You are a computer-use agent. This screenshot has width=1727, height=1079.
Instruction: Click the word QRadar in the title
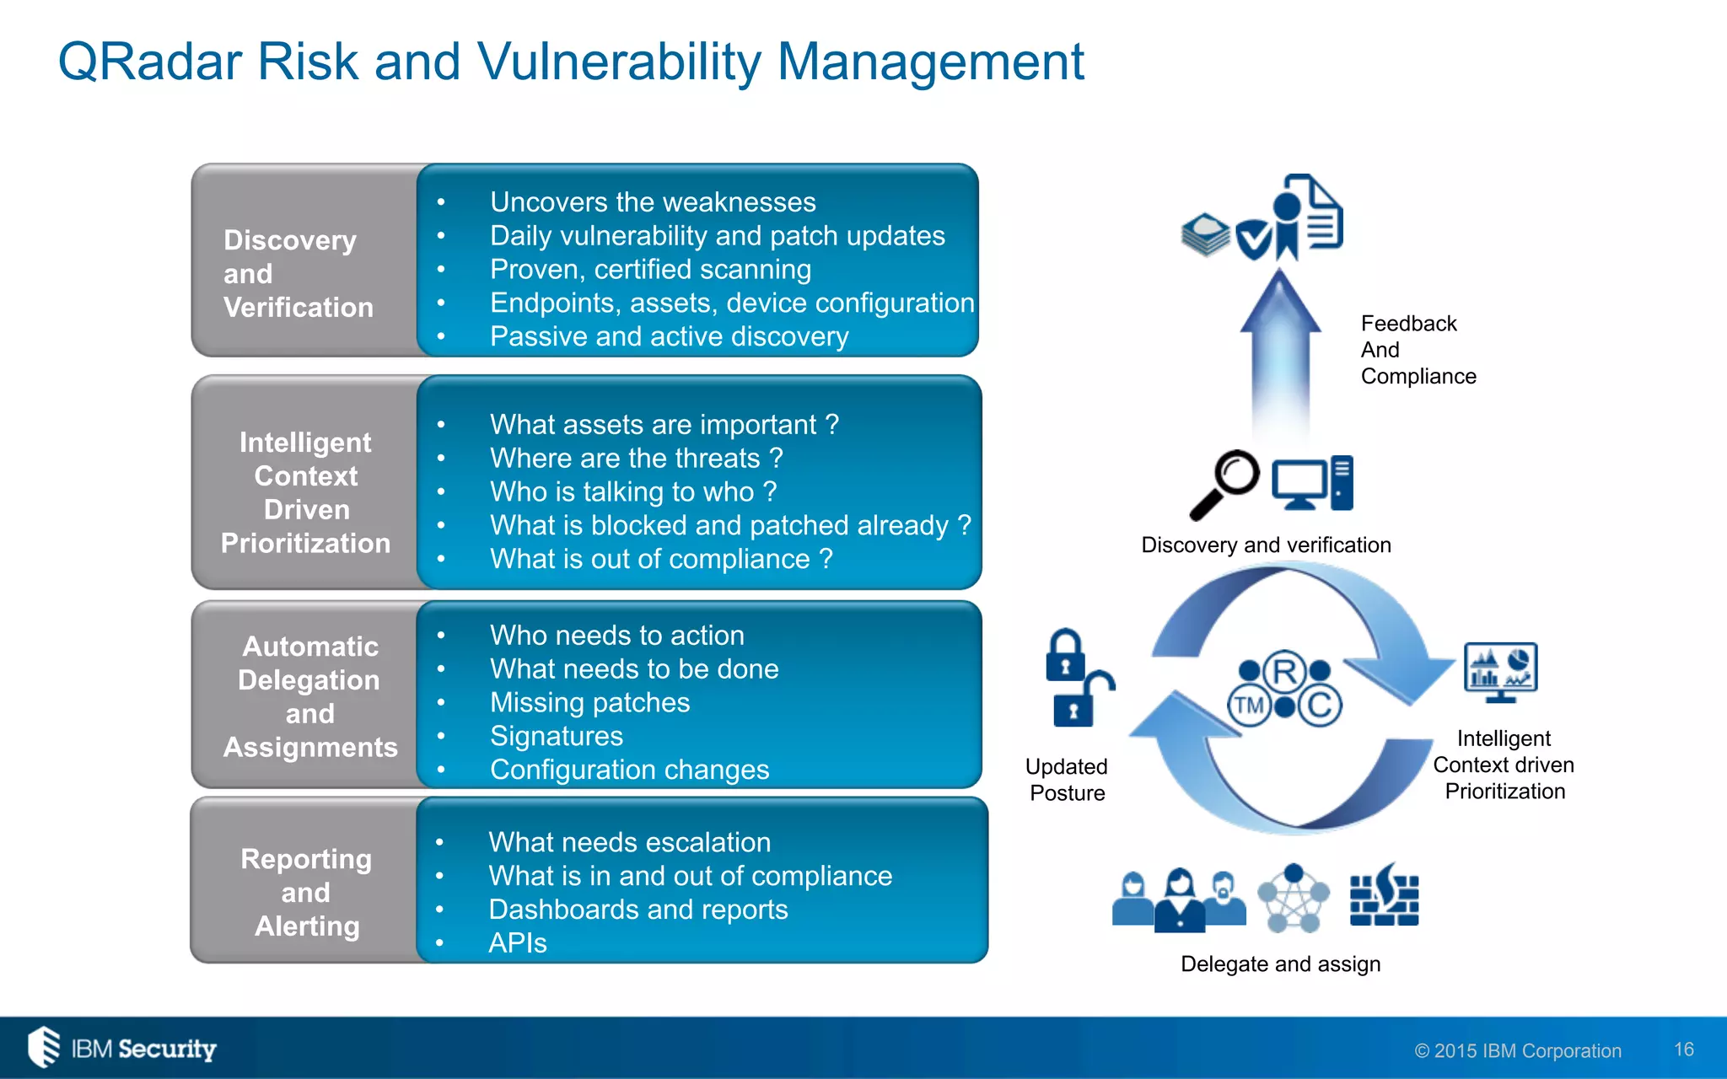click(x=150, y=62)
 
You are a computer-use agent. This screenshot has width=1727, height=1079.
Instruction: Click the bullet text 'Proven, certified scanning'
click(x=650, y=270)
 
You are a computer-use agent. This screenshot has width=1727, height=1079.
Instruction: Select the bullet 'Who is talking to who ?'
click(x=632, y=491)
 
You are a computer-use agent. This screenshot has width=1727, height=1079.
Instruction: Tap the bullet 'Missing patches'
click(x=589, y=702)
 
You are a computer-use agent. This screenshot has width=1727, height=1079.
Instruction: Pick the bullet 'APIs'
click(x=517, y=943)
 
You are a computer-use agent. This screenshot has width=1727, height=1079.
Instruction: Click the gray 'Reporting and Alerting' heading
click(x=306, y=892)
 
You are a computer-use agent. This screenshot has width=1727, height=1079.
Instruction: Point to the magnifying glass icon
click(x=1224, y=484)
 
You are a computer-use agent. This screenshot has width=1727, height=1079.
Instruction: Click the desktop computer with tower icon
click(x=1312, y=483)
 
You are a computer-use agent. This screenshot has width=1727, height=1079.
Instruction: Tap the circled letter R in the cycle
click(x=1284, y=672)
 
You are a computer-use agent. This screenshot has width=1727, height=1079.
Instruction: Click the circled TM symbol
click(x=1249, y=706)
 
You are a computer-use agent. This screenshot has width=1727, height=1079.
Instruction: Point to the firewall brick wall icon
click(x=1384, y=897)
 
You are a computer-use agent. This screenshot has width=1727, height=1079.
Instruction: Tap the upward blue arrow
click(x=1280, y=354)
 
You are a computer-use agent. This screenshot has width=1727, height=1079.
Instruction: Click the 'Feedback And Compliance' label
click(x=1418, y=350)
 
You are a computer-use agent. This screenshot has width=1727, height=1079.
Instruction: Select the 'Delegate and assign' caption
click(x=1280, y=964)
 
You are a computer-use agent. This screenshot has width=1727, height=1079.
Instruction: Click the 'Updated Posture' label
click(x=1067, y=780)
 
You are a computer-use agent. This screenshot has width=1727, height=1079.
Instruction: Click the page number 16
click(x=1683, y=1049)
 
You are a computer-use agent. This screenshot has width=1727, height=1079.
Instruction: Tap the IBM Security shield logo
click(x=44, y=1047)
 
